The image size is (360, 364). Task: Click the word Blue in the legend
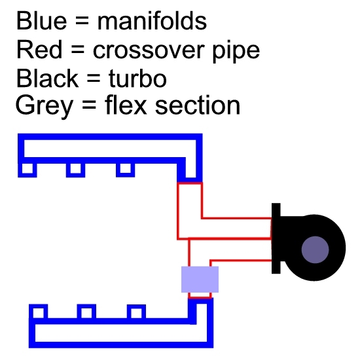42,21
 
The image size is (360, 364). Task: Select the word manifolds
152,21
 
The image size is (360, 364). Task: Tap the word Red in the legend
39,49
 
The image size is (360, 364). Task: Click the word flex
126,105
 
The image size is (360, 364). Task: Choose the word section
198,106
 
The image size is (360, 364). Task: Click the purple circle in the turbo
315,249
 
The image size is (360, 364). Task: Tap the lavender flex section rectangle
200,280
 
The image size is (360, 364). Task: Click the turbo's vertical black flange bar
276,238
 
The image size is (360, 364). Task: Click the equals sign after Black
94,79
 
